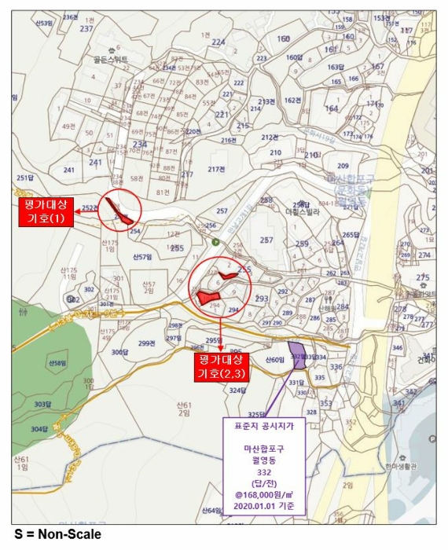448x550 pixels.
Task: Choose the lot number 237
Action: (x=86, y=28)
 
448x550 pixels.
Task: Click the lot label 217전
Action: (x=216, y=169)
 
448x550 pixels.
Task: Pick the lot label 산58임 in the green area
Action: (x=56, y=363)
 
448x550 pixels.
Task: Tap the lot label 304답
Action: (x=39, y=429)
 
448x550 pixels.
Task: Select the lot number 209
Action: (x=343, y=166)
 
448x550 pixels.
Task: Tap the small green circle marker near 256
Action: (x=193, y=240)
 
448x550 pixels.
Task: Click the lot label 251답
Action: (x=25, y=178)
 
